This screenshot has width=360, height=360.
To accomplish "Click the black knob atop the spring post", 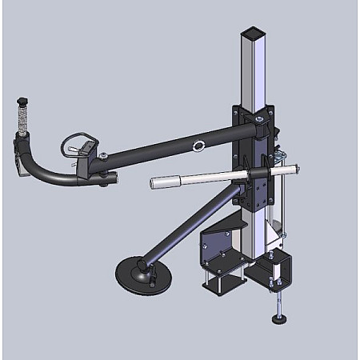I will coord(22,101).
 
